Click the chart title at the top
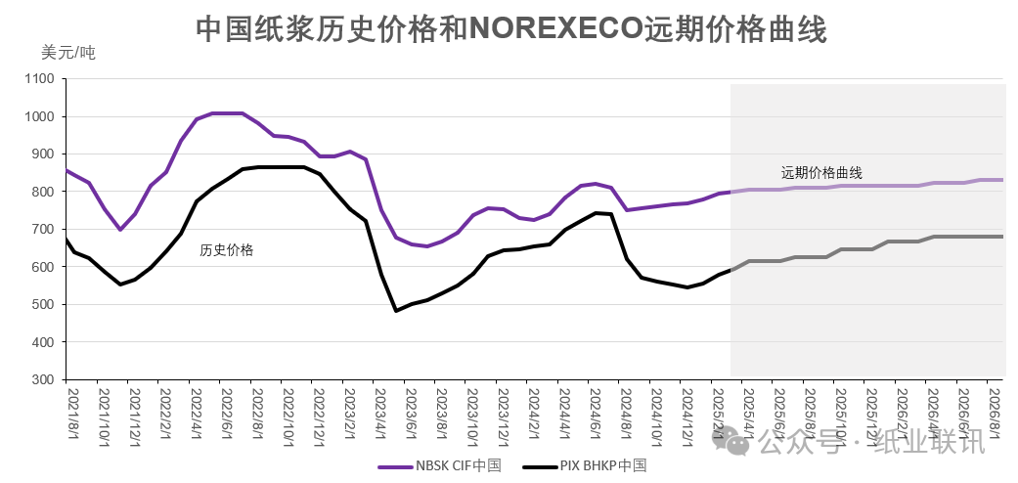(x=511, y=29)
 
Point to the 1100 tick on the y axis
(x=43, y=79)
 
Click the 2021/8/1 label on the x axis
(x=72, y=414)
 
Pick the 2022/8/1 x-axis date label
(x=257, y=414)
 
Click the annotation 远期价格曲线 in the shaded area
(x=821, y=173)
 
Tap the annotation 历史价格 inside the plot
(x=227, y=250)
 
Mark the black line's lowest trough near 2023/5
(x=396, y=311)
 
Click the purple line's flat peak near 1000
(x=227, y=113)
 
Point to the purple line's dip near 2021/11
(x=120, y=230)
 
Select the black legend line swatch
(x=539, y=465)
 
